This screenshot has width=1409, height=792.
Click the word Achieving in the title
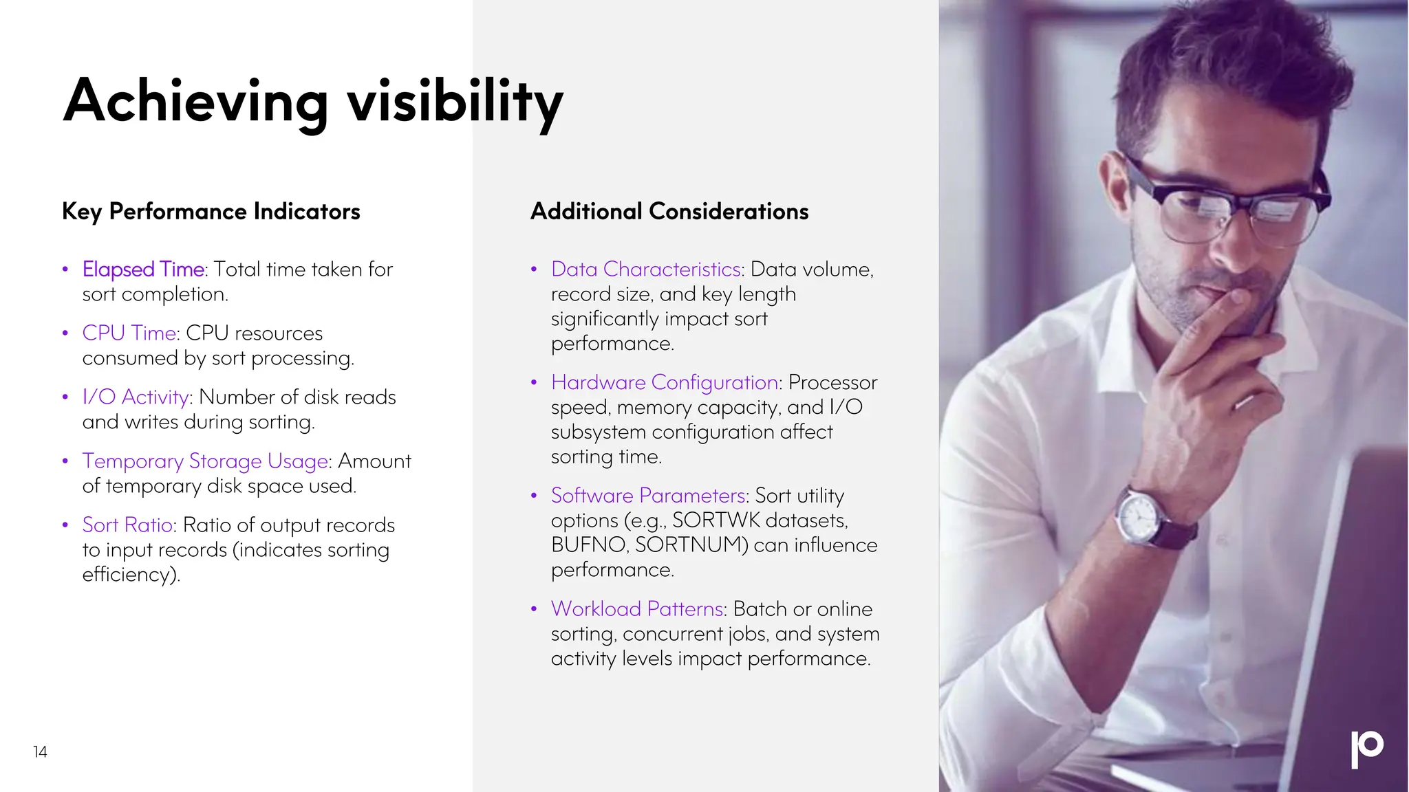[195, 102]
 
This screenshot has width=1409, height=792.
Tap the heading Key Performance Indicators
[211, 211]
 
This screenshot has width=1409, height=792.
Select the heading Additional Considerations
[669, 211]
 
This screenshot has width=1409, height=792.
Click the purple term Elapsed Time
[143, 269]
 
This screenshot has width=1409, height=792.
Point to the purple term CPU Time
[129, 333]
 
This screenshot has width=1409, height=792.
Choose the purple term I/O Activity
[136, 397]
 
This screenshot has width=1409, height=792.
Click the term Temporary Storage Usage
[205, 461]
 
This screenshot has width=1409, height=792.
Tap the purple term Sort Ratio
[127, 525]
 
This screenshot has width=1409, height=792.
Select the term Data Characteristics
[645, 269]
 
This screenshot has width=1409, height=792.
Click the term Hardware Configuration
[664, 382]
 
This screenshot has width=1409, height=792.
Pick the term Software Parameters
[647, 495]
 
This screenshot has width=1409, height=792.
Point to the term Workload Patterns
[636, 608]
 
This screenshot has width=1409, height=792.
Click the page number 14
[40, 751]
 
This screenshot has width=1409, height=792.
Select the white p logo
[1366, 748]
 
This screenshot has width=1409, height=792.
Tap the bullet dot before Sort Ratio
[65, 525]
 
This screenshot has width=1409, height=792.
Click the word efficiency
[128, 574]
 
